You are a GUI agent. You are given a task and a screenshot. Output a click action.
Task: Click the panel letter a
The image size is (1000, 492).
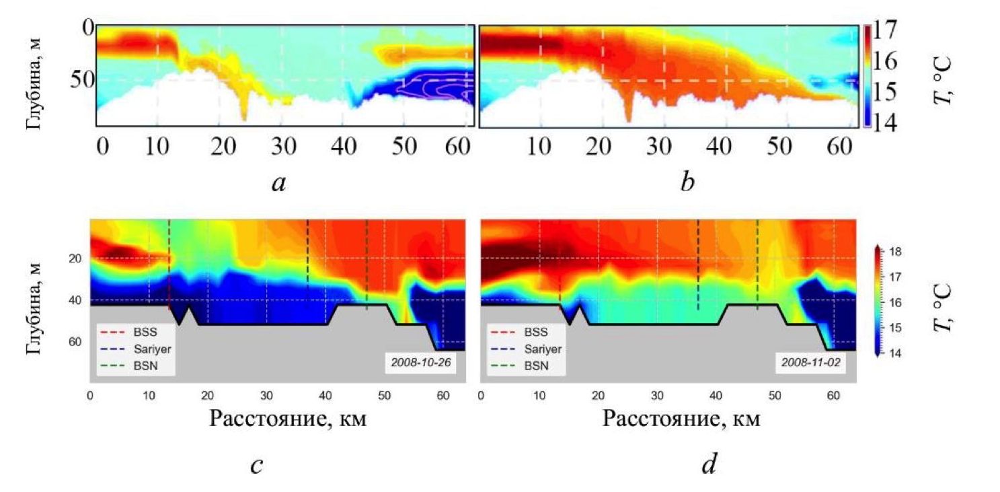click(x=278, y=182)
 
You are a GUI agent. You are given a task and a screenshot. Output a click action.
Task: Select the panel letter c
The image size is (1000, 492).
click(x=256, y=466)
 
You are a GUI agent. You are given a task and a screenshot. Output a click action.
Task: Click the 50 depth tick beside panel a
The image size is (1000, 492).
click(x=81, y=79)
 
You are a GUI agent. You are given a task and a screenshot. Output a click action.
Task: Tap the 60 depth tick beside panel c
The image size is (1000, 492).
click(x=74, y=342)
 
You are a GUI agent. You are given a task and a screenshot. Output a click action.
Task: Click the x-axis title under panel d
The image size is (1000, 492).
click(x=681, y=418)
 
